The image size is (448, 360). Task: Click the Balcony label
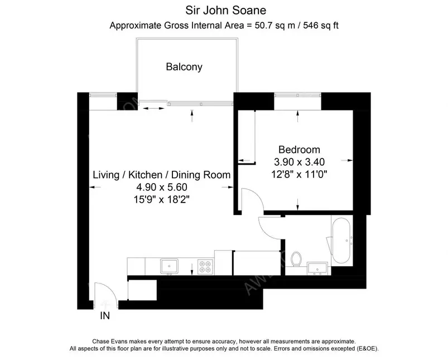tap(184, 67)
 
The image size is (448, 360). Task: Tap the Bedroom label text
tap(299, 150)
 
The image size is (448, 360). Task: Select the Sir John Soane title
tap(226, 11)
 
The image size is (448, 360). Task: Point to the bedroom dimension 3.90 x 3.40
tap(299, 162)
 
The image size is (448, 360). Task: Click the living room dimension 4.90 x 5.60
tap(162, 187)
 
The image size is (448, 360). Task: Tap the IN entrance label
tap(105, 316)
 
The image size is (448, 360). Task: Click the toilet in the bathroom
tap(296, 258)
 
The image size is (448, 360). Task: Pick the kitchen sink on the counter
tap(169, 266)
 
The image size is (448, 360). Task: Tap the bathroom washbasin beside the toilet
tap(317, 268)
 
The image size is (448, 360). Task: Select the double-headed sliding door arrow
tap(153, 108)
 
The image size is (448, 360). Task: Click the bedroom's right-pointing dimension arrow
tap(347, 160)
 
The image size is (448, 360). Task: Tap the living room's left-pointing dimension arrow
tap(95, 188)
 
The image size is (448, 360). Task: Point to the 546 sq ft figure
tap(321, 26)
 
